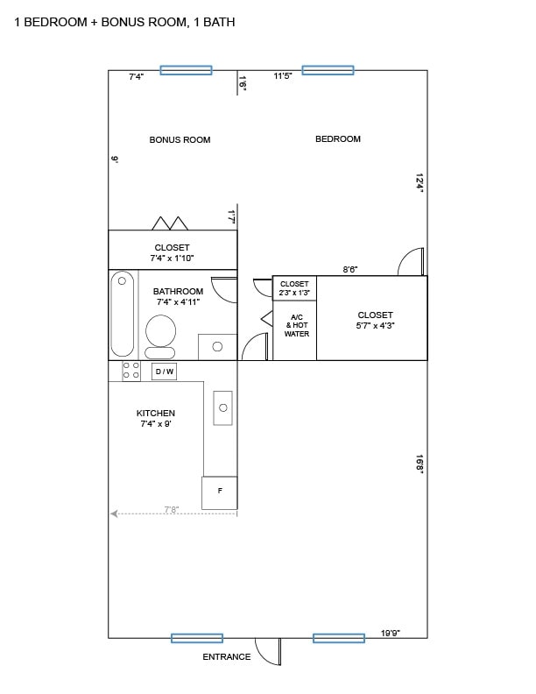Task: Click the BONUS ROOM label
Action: [180, 139]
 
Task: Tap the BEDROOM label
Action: [338, 138]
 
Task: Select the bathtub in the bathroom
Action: [123, 313]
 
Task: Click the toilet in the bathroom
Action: [159, 336]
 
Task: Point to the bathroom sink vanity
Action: [216, 346]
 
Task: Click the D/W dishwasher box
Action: [164, 372]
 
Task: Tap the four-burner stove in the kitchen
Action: [130, 371]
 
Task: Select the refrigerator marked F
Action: [219, 492]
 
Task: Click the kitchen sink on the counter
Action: [222, 407]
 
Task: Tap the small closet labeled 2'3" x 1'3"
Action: [294, 288]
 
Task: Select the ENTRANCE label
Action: [227, 656]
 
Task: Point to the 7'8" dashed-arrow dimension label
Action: [171, 509]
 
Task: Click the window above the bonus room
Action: [186, 70]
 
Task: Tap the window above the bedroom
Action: [328, 70]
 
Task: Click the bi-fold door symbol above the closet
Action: [171, 223]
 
